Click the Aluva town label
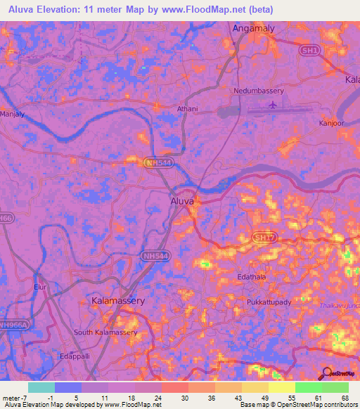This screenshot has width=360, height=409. click(183, 202)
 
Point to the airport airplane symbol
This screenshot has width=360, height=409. click(271, 105)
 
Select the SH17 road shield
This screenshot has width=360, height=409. click(264, 239)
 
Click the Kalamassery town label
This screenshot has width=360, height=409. click(118, 301)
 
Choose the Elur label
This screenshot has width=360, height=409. click(39, 287)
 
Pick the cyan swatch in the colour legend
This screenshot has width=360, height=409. click(41, 387)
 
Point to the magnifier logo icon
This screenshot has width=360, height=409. click(326, 373)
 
